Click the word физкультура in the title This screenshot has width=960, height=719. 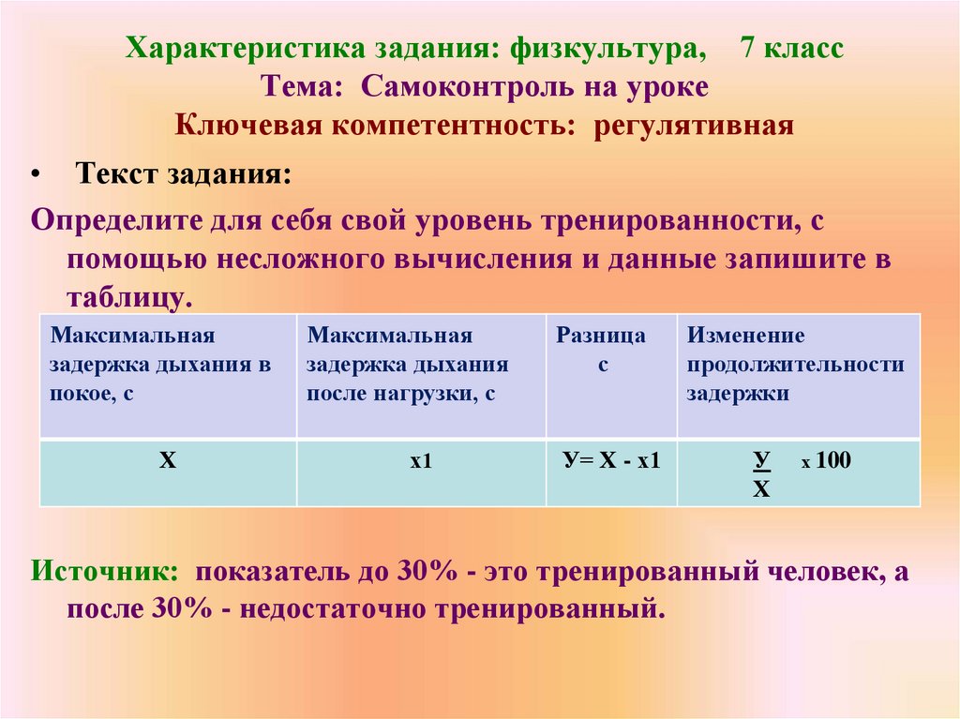point(607,49)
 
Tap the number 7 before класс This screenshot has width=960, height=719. point(749,48)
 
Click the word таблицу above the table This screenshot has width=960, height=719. point(128,297)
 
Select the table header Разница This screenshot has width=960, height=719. point(601,336)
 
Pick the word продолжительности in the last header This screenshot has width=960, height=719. point(795,365)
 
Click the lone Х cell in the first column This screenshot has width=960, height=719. point(168,461)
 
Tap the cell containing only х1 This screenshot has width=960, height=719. point(420,462)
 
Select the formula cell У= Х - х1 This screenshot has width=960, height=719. point(611,461)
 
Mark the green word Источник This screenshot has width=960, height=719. point(103,571)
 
